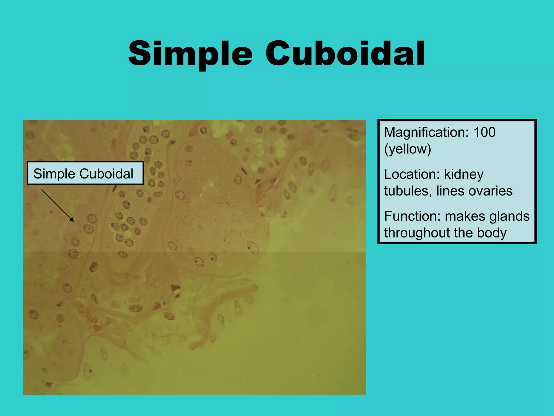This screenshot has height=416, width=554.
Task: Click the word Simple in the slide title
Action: point(190,54)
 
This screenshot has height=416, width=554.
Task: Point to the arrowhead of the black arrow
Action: point(72,220)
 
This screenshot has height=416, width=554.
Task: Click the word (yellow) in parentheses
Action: point(407,149)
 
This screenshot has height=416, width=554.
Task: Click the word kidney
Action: point(464,175)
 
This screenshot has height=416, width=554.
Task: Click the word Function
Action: point(411,216)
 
